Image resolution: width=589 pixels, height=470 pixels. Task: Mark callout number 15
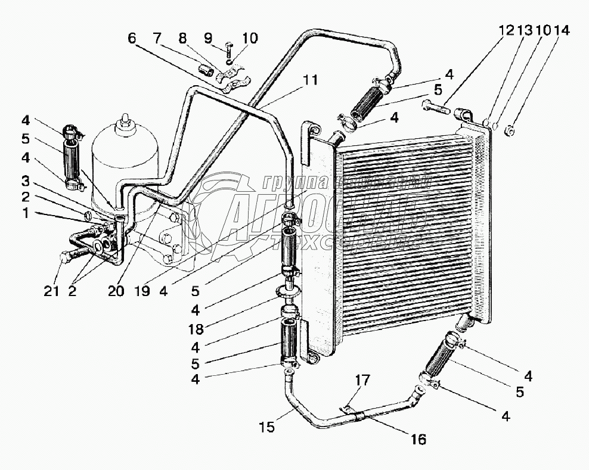coord(268,427)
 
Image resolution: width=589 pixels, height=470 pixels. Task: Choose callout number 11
coord(311,79)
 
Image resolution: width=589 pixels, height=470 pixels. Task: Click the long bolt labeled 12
coord(436,108)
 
